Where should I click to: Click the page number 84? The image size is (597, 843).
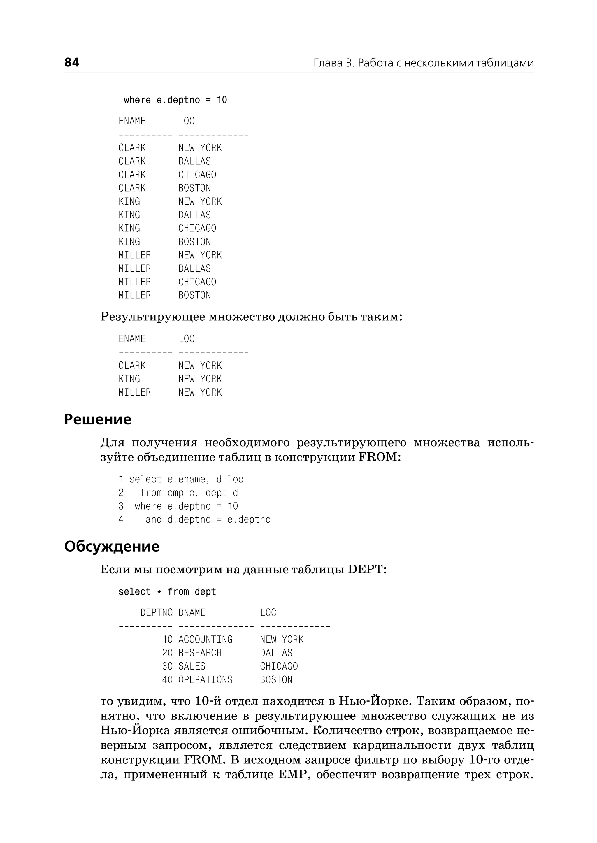pos(72,62)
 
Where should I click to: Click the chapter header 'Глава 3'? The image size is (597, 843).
pos(333,63)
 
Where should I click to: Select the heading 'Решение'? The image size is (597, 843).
pos(97,419)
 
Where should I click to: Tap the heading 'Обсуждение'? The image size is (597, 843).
pos(112,547)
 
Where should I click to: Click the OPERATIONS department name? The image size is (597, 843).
pos(205,680)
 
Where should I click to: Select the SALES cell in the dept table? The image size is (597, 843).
pos(192,666)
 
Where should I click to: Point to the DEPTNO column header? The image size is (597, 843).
pos(156,613)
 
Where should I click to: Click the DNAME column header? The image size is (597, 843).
pos(192,613)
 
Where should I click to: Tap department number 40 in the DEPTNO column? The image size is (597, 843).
pos(167,680)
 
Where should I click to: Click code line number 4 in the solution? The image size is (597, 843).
pos(121,519)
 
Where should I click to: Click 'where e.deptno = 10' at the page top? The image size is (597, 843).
pos(175,100)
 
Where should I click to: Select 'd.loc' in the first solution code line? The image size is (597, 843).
pos(230,480)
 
